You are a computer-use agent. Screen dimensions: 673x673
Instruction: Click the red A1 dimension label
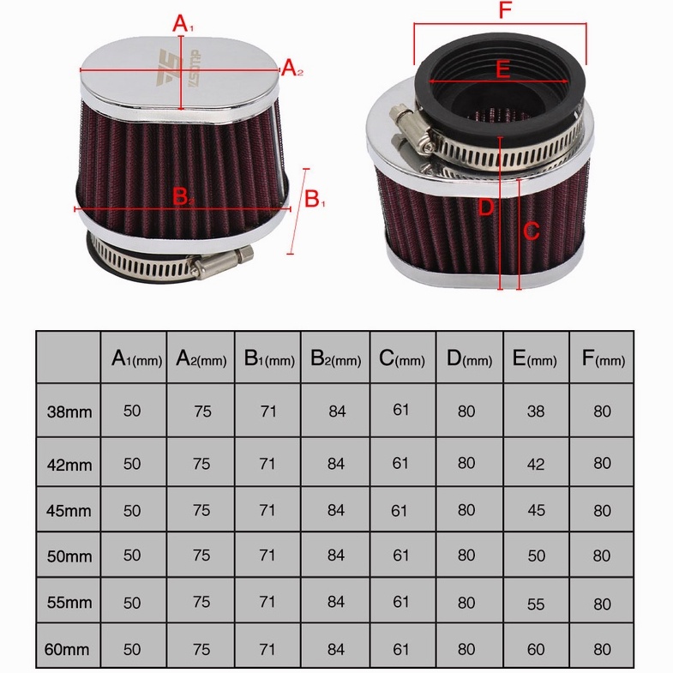coord(183,23)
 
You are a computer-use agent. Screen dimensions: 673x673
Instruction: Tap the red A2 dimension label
coord(292,68)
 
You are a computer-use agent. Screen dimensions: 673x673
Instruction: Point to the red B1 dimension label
coord(315,200)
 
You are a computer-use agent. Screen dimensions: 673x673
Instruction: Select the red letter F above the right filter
coord(506,10)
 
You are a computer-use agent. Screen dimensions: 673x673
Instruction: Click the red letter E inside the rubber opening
coord(502,69)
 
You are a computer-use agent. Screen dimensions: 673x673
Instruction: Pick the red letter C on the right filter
coord(532,231)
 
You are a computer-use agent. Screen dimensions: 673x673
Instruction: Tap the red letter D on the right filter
coord(486,207)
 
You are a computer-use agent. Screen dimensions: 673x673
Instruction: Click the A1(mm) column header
coord(136,358)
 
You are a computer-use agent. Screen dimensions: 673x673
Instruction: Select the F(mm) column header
coord(604,358)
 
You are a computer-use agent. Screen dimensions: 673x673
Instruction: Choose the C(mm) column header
coord(402,358)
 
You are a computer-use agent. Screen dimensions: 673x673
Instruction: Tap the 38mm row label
coord(69,412)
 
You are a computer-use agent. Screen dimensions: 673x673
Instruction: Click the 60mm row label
coord(67,649)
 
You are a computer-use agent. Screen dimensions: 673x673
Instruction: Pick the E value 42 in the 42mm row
coord(536,464)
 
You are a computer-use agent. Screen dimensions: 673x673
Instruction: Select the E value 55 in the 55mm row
coord(536,604)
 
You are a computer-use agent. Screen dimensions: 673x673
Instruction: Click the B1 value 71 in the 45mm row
coord(267,510)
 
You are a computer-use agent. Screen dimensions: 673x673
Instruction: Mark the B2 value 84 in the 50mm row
coord(335,556)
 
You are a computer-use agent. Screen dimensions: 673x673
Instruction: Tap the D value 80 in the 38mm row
coord(466,412)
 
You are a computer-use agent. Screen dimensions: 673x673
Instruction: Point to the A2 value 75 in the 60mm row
coord(201,649)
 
